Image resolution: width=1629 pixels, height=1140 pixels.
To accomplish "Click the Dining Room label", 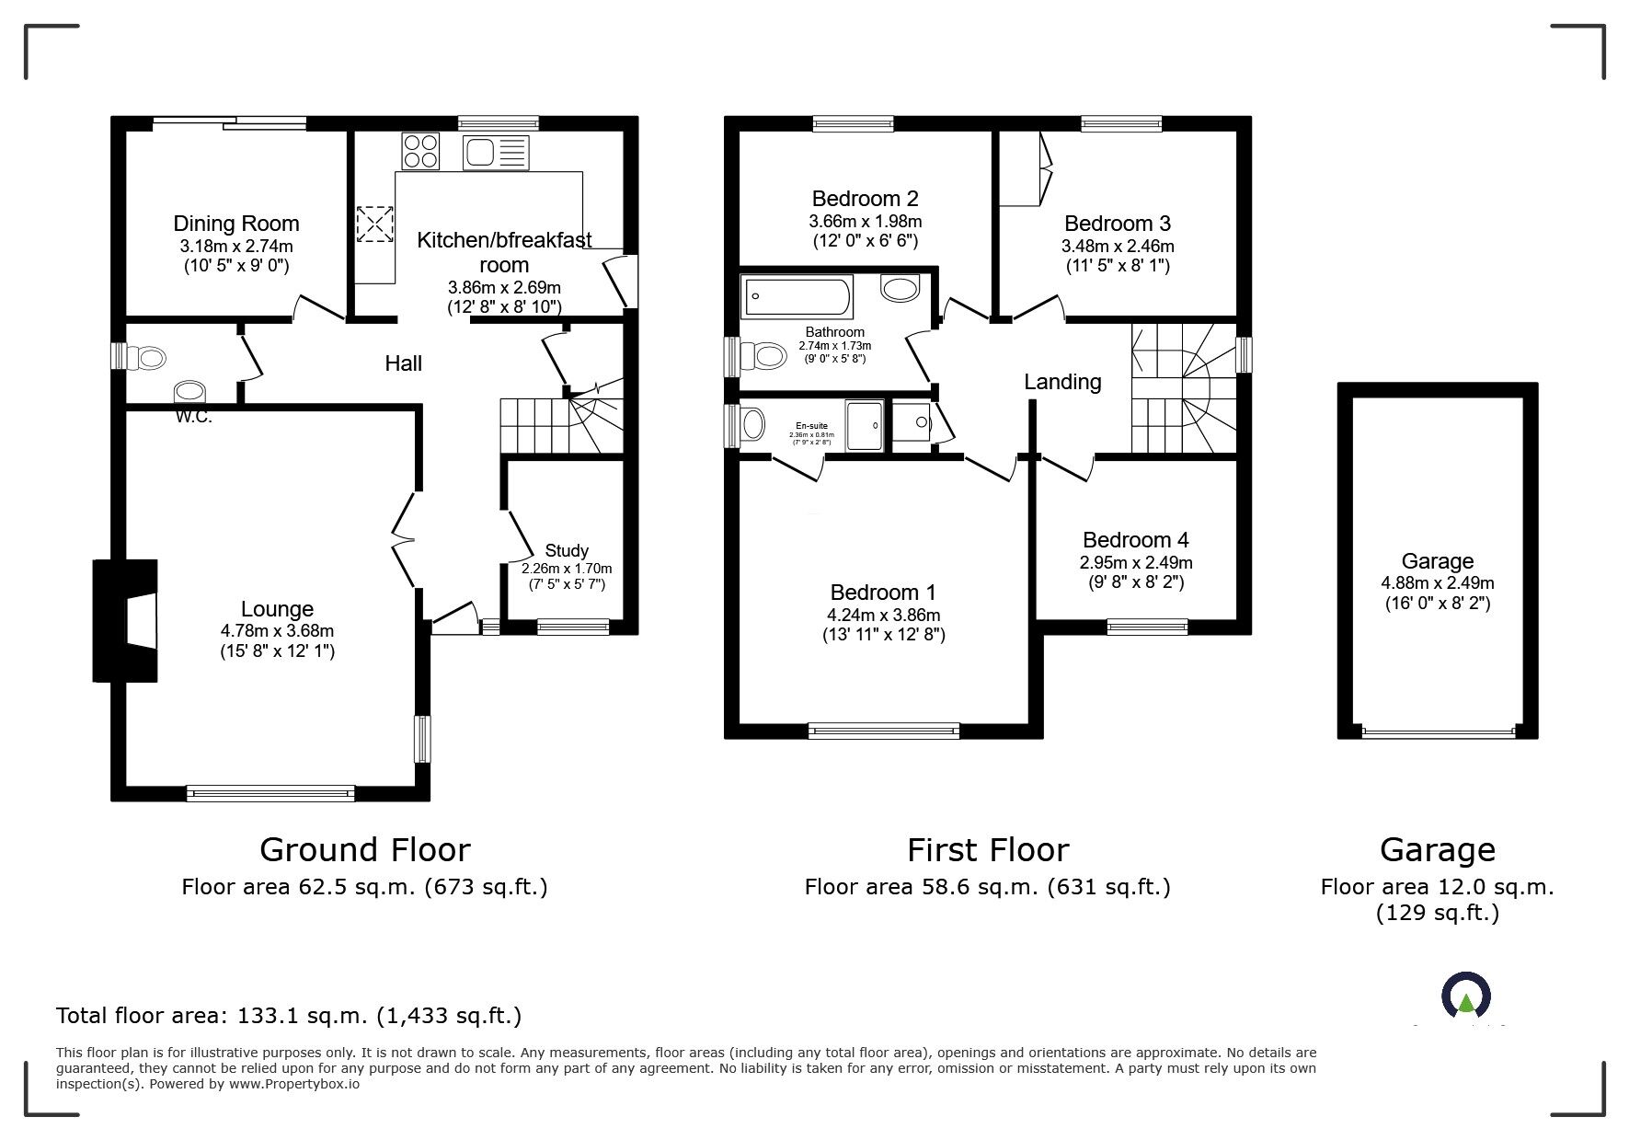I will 236,224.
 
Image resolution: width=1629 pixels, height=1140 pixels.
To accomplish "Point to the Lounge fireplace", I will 126,621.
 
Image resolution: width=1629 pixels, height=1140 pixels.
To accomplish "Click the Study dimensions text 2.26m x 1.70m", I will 567,569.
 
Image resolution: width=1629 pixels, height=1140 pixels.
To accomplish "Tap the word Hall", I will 403,363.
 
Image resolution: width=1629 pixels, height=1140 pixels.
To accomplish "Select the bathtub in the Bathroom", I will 797,294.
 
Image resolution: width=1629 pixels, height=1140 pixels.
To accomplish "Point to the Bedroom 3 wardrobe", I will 1024,169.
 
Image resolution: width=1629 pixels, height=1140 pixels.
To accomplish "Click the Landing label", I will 1062,382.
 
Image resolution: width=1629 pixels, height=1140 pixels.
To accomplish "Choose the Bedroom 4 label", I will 1136,540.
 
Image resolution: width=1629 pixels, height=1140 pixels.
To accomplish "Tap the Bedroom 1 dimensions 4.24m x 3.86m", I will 883,615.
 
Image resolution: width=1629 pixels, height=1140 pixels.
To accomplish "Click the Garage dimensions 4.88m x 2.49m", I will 1437,582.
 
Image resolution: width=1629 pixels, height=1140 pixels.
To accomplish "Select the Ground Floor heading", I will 365,849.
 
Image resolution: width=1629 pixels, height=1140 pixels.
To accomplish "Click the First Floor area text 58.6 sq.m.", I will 987,887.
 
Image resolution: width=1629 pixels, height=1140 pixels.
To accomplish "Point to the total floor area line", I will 289,1016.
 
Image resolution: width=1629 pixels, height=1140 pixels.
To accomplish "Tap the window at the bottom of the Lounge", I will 270,792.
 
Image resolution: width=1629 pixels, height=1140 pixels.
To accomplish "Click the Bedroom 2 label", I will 865,199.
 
